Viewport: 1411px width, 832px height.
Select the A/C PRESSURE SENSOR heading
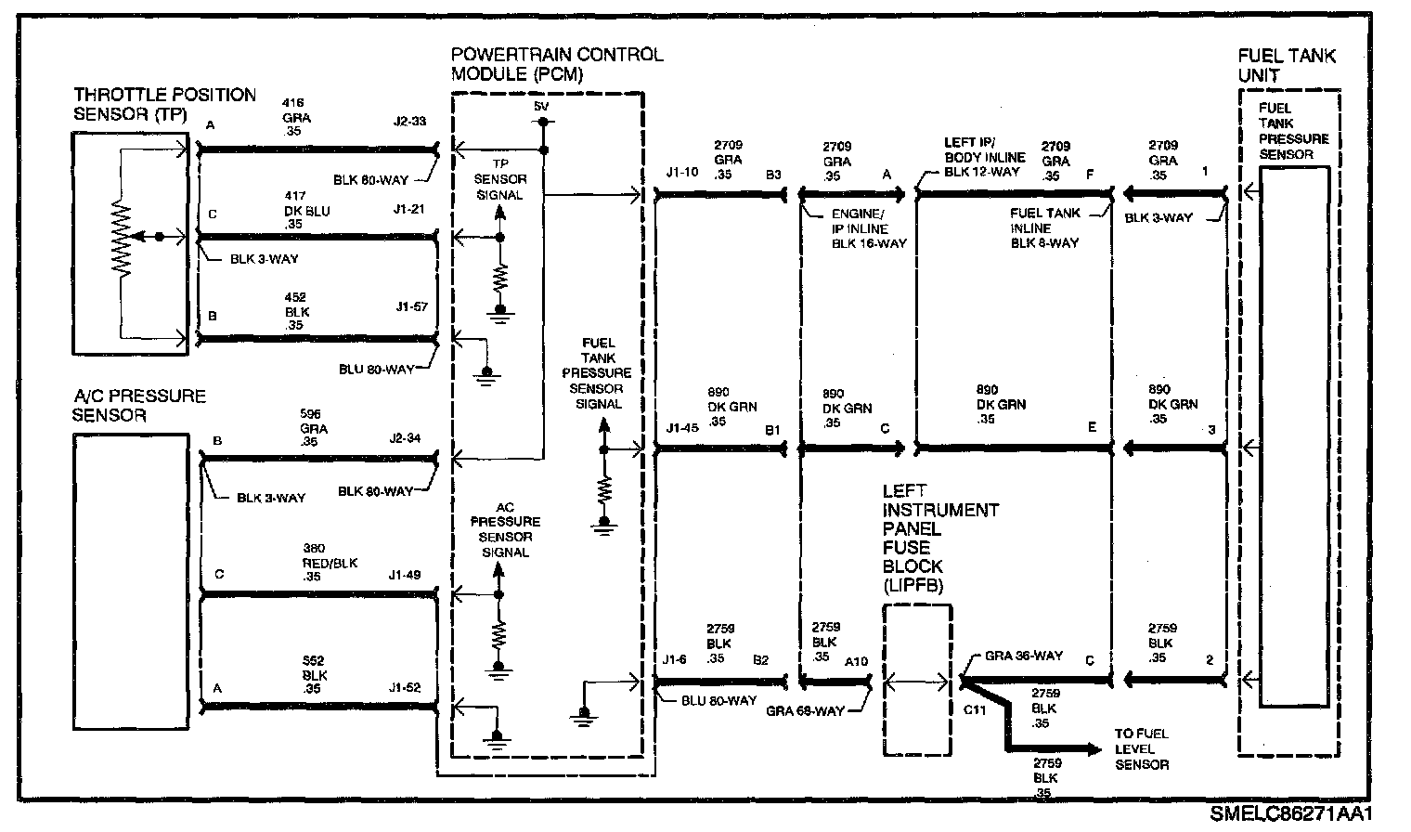(139, 406)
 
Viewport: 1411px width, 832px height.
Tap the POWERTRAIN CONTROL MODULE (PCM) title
(557, 64)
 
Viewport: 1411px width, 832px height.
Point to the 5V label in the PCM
(541, 108)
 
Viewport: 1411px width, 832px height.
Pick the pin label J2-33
(409, 121)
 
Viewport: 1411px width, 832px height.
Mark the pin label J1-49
(405, 575)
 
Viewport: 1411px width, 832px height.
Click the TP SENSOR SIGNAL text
(499, 180)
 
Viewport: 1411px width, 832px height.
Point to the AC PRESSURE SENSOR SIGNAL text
(505, 529)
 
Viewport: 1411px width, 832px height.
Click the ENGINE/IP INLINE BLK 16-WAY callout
(867, 228)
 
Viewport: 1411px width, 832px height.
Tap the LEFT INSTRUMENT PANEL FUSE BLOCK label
(939, 538)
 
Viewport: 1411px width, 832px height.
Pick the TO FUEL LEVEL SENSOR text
(1142, 748)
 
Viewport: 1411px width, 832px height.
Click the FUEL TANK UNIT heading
(1286, 65)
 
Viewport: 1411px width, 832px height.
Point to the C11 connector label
(974, 710)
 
